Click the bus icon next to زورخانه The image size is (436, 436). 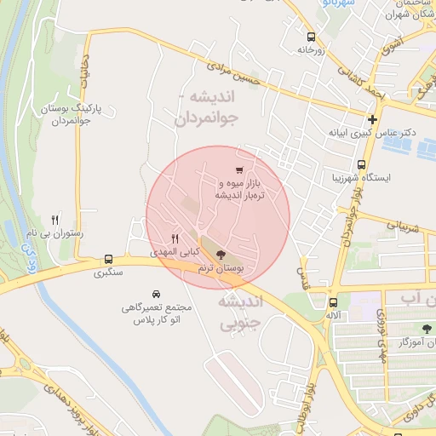[311, 37]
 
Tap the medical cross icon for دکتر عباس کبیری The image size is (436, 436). [372, 118]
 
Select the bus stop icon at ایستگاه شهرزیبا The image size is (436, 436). [362, 164]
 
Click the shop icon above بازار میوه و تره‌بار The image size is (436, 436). [240, 169]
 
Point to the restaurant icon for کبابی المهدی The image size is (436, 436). [175, 238]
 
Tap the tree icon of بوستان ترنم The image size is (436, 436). [221, 255]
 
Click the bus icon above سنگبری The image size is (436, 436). [108, 259]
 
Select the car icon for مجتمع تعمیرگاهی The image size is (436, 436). [155, 292]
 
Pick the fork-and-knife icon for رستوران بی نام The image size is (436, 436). [56, 219]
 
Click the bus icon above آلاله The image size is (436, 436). [333, 301]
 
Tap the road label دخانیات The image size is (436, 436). [85, 82]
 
